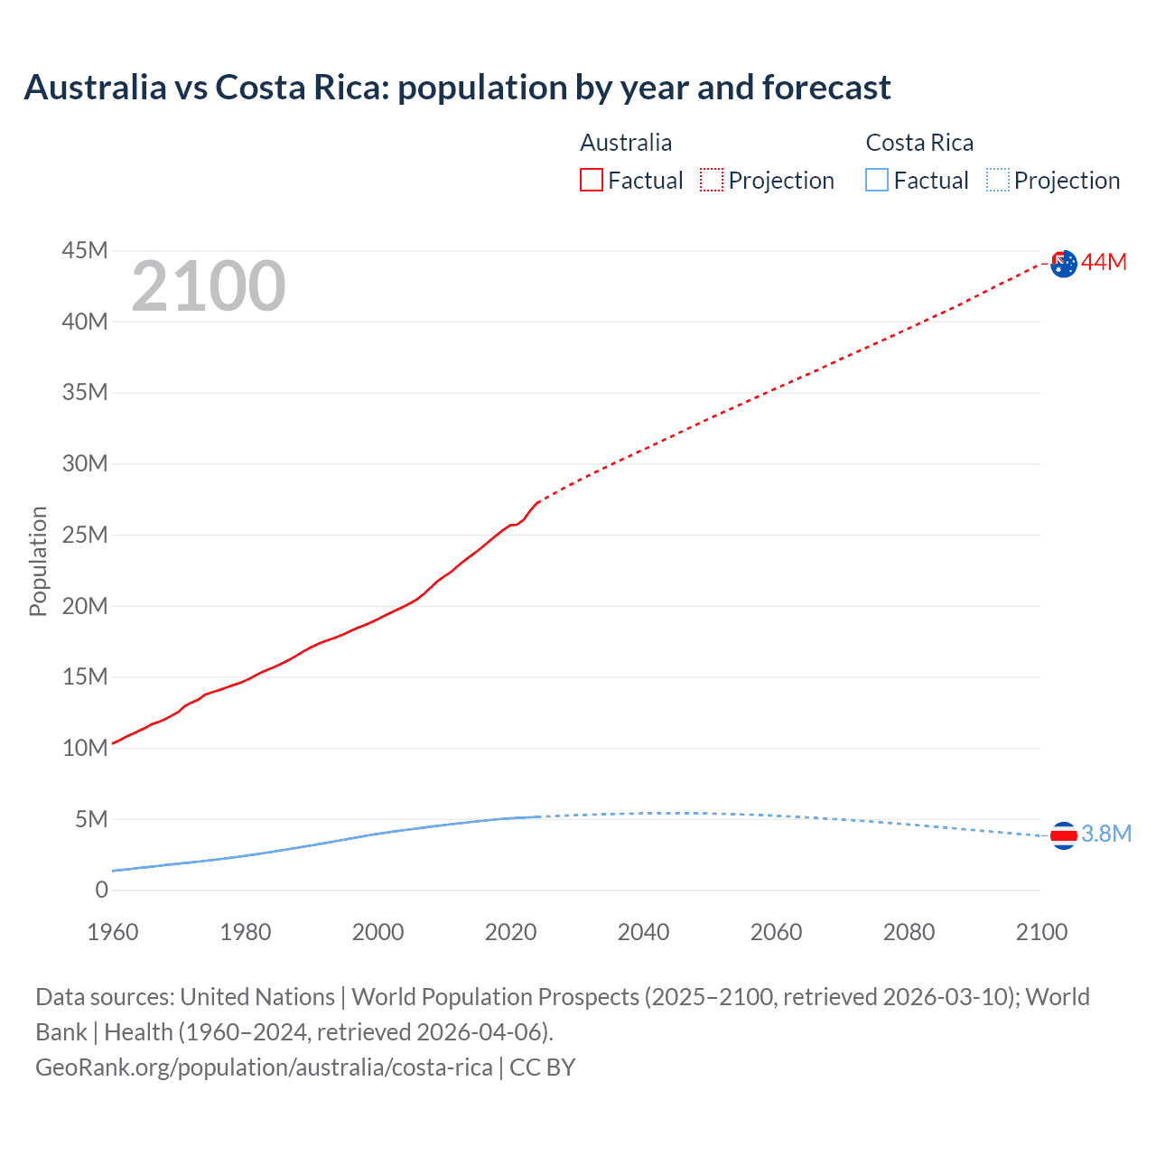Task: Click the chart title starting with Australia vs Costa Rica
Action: pos(457,88)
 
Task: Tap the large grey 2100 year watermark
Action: pos(209,286)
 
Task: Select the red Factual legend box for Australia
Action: pos(592,181)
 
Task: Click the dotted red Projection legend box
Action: pos(712,181)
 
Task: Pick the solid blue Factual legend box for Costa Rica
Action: pos(877,181)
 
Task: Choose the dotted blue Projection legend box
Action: pos(998,181)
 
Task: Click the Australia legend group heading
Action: pos(626,143)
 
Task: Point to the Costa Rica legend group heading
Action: pos(919,143)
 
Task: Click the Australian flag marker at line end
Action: pos(1064,263)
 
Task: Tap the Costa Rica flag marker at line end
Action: pos(1064,835)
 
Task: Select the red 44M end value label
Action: pos(1105,262)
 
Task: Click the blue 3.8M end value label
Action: pos(1106,834)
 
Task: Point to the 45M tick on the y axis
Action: pos(85,250)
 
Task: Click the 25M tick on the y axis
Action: pos(85,535)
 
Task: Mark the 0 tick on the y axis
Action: pos(101,890)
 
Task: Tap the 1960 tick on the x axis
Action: pos(113,932)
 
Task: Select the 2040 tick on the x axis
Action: pos(643,932)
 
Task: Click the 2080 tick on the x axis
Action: pos(909,932)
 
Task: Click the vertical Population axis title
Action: pos(38,561)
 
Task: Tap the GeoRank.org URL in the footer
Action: pos(264,1067)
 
